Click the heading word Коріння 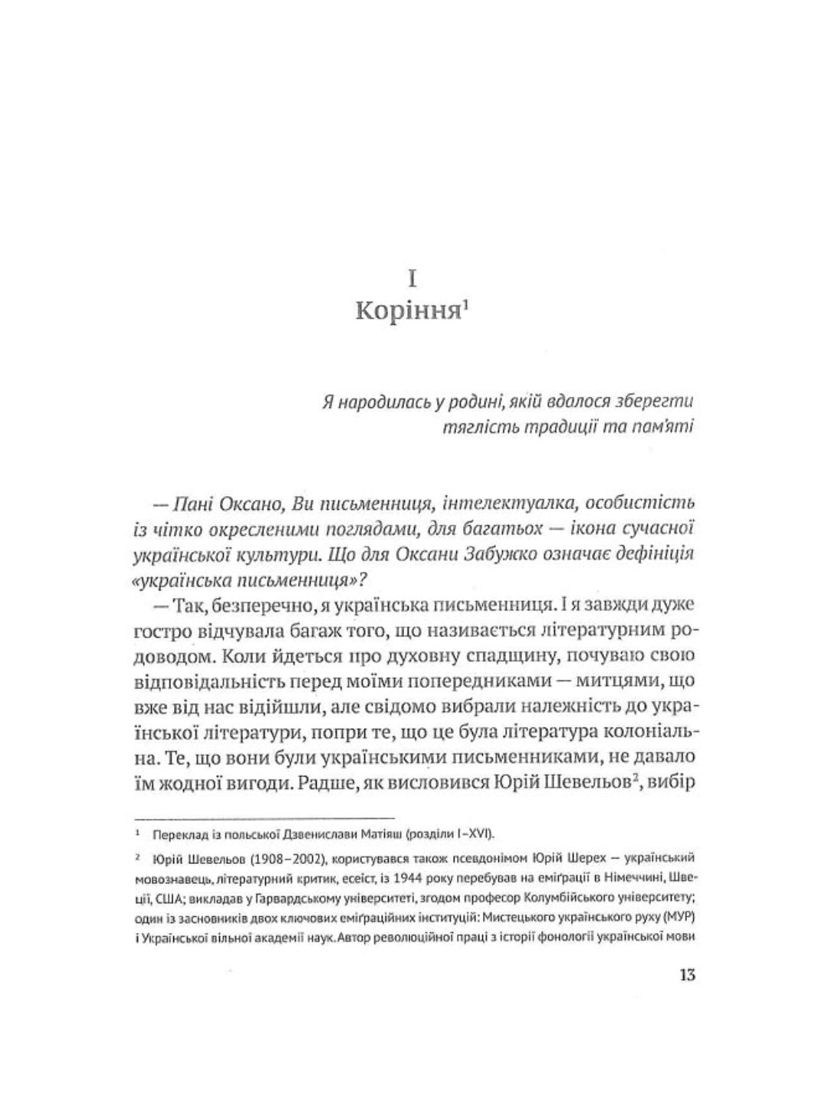[406, 314]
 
